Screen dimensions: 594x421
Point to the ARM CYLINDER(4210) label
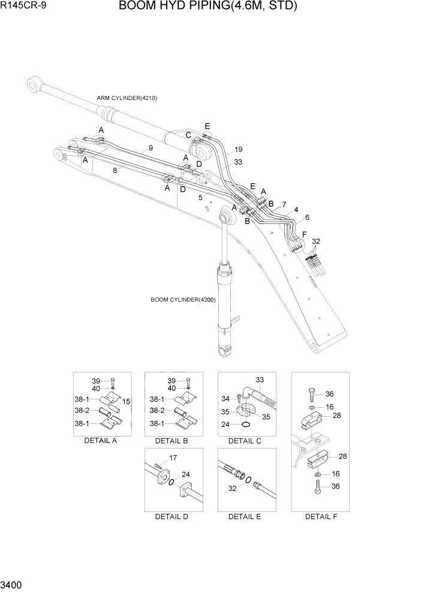[127, 98]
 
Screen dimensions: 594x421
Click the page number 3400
[13, 584]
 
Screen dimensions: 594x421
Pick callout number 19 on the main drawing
[238, 150]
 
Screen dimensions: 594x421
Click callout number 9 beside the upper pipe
[151, 147]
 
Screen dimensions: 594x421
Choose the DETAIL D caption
[172, 517]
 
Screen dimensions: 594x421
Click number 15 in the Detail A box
[126, 401]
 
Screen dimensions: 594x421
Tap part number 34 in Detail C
[225, 399]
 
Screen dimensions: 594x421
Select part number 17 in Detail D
[173, 459]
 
